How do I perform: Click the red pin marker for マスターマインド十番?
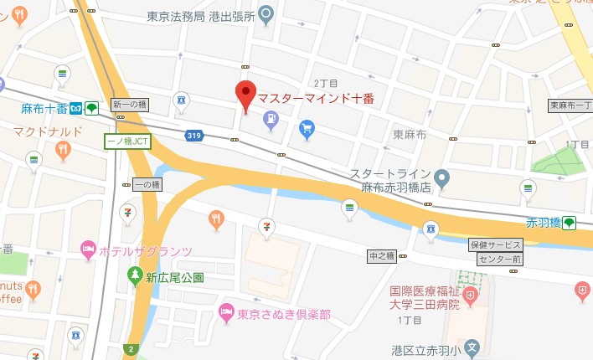point(245,95)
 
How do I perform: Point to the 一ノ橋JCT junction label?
point(126,141)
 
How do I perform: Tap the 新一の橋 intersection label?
point(128,104)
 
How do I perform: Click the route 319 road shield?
point(194,135)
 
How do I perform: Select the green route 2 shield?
point(130,349)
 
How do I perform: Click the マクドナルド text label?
point(48,131)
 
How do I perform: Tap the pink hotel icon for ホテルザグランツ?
point(87,249)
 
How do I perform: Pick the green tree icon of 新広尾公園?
point(134,275)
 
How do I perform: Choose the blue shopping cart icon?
point(307,128)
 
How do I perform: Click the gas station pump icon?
point(271,121)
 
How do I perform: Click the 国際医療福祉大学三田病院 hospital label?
point(425,299)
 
